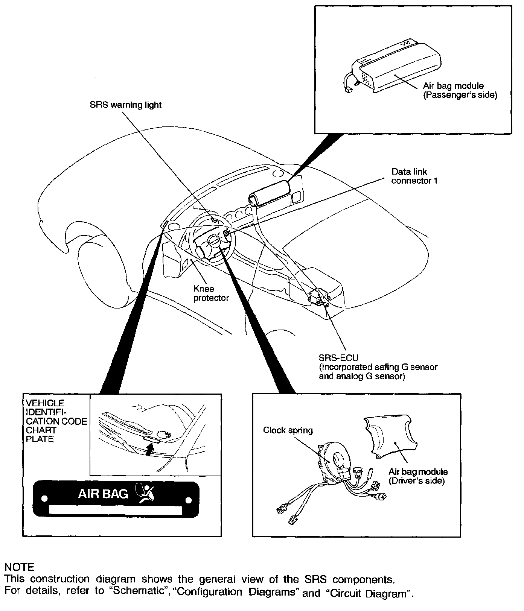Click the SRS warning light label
[x=125, y=105]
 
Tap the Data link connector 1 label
[x=414, y=176]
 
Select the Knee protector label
[x=211, y=293]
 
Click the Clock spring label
[x=288, y=430]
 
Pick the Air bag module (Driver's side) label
[x=418, y=476]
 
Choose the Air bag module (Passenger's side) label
[x=459, y=91]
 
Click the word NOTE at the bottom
[x=19, y=567]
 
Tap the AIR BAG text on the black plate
[x=103, y=493]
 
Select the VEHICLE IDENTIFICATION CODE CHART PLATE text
[x=56, y=421]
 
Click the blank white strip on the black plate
[x=116, y=510]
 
